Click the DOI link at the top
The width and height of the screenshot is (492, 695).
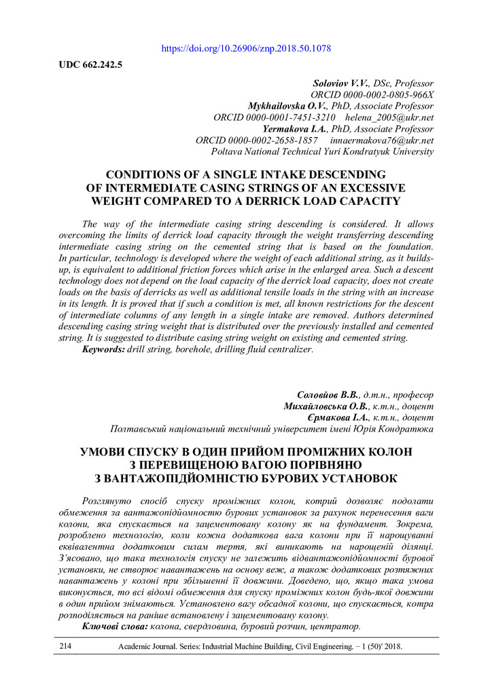point(247,49)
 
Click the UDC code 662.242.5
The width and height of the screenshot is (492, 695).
point(86,66)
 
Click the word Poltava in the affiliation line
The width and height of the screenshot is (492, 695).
point(228,152)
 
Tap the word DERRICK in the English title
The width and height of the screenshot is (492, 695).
point(313,201)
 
